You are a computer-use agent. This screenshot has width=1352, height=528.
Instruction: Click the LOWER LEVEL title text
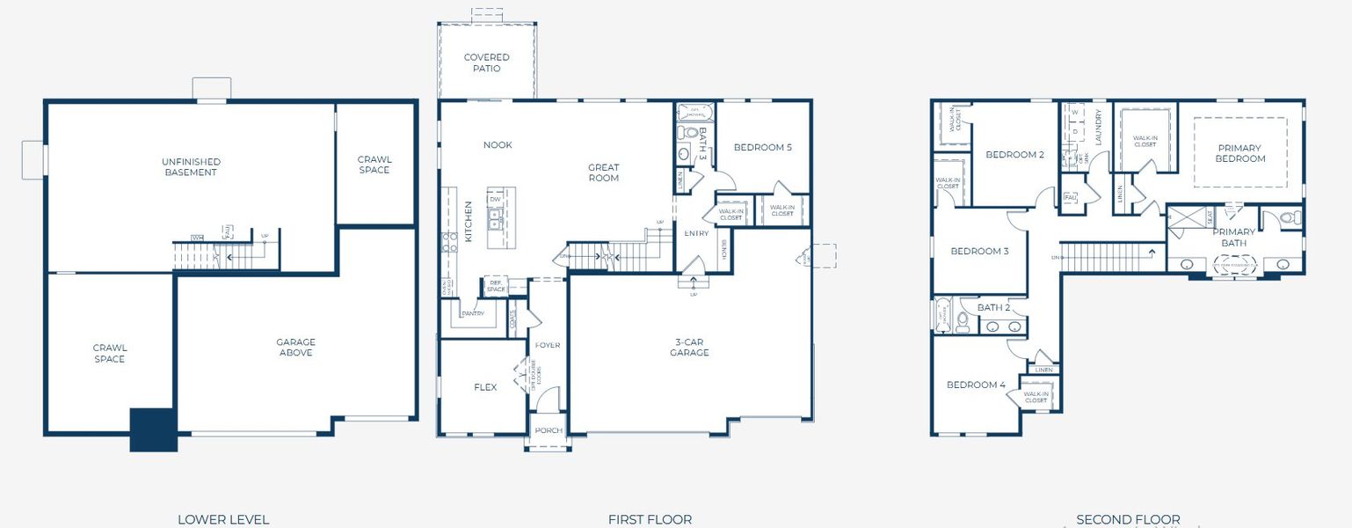[x=223, y=519]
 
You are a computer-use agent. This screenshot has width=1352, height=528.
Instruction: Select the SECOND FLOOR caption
[x=1128, y=519]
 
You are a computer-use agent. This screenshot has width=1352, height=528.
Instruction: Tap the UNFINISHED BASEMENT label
[x=191, y=167]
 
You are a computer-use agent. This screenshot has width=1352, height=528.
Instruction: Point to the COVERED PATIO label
[x=486, y=62]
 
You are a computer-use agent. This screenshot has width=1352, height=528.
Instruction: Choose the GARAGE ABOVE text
[x=295, y=348]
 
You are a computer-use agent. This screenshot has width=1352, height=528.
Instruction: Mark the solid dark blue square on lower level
[x=153, y=429]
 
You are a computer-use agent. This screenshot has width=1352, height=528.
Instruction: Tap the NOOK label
[x=498, y=145]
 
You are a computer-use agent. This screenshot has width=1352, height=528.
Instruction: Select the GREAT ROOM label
[x=603, y=172]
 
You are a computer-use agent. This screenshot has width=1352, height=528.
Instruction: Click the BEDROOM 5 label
[x=762, y=148]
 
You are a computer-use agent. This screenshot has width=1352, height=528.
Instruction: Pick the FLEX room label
[x=485, y=387]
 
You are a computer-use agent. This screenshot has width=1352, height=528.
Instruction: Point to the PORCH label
[x=548, y=430]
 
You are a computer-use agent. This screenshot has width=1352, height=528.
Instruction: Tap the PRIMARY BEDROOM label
[x=1239, y=153]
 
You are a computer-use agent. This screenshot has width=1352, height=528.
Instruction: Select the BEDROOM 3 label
[x=978, y=252]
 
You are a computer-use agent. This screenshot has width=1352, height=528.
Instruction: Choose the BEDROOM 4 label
[x=976, y=385]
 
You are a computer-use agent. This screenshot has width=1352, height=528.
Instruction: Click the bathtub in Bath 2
[x=941, y=317]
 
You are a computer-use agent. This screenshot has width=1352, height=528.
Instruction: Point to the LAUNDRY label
[x=1098, y=127]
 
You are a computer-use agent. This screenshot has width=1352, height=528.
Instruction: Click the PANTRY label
[x=473, y=313]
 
